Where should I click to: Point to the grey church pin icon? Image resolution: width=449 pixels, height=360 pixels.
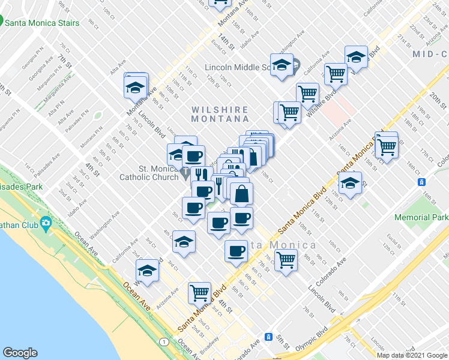[x=186, y=174]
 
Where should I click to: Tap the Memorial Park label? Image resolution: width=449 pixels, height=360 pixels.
[x=421, y=217]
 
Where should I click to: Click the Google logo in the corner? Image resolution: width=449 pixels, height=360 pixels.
[x=20, y=353]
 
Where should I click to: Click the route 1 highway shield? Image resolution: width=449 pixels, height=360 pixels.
[x=163, y=341]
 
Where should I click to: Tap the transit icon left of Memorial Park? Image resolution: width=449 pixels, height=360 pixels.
[x=422, y=182]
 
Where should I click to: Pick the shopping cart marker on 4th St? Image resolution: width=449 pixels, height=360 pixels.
[x=199, y=293]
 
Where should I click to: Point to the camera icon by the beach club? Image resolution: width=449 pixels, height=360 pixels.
[x=46, y=225]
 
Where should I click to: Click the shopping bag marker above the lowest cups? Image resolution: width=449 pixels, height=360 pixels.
[x=241, y=194]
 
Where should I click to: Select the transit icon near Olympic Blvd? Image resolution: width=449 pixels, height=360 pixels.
[x=270, y=337]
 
